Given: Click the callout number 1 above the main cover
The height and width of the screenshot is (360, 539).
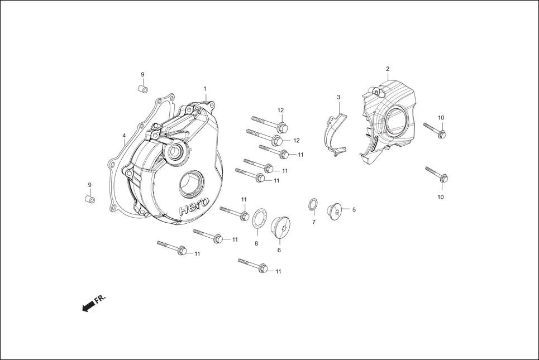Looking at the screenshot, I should point(205,89).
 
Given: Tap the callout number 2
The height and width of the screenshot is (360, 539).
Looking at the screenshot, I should point(387,69).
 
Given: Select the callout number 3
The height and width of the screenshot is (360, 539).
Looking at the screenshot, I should point(338,97).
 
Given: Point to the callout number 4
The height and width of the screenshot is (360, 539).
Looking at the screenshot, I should point(124,135).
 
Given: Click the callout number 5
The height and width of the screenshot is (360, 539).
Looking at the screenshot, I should point(354,210).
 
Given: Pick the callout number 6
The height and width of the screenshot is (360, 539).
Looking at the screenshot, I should point(279,250).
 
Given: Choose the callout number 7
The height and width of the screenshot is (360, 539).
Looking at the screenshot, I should point(313,222).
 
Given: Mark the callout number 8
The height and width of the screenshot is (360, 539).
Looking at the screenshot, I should point(256,243).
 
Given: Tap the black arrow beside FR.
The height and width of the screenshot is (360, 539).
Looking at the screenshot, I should point(88,306).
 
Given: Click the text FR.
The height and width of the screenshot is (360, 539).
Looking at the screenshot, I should point(101,299).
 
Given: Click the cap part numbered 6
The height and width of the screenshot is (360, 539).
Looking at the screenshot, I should point(279,227).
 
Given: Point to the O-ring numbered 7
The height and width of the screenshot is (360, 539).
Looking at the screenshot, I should point(313,205).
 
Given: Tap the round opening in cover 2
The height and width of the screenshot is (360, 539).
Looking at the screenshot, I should point(395,122).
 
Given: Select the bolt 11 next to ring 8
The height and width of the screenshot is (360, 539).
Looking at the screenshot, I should point(235,213).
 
